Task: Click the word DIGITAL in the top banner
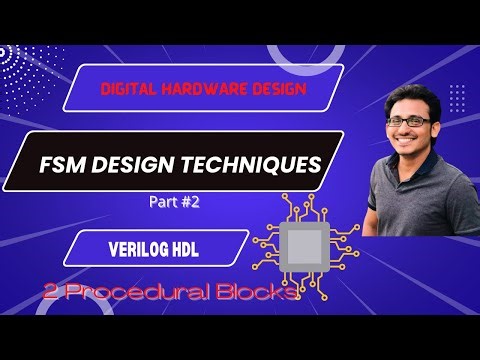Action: tap(127, 89)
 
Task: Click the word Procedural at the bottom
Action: tap(133, 294)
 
